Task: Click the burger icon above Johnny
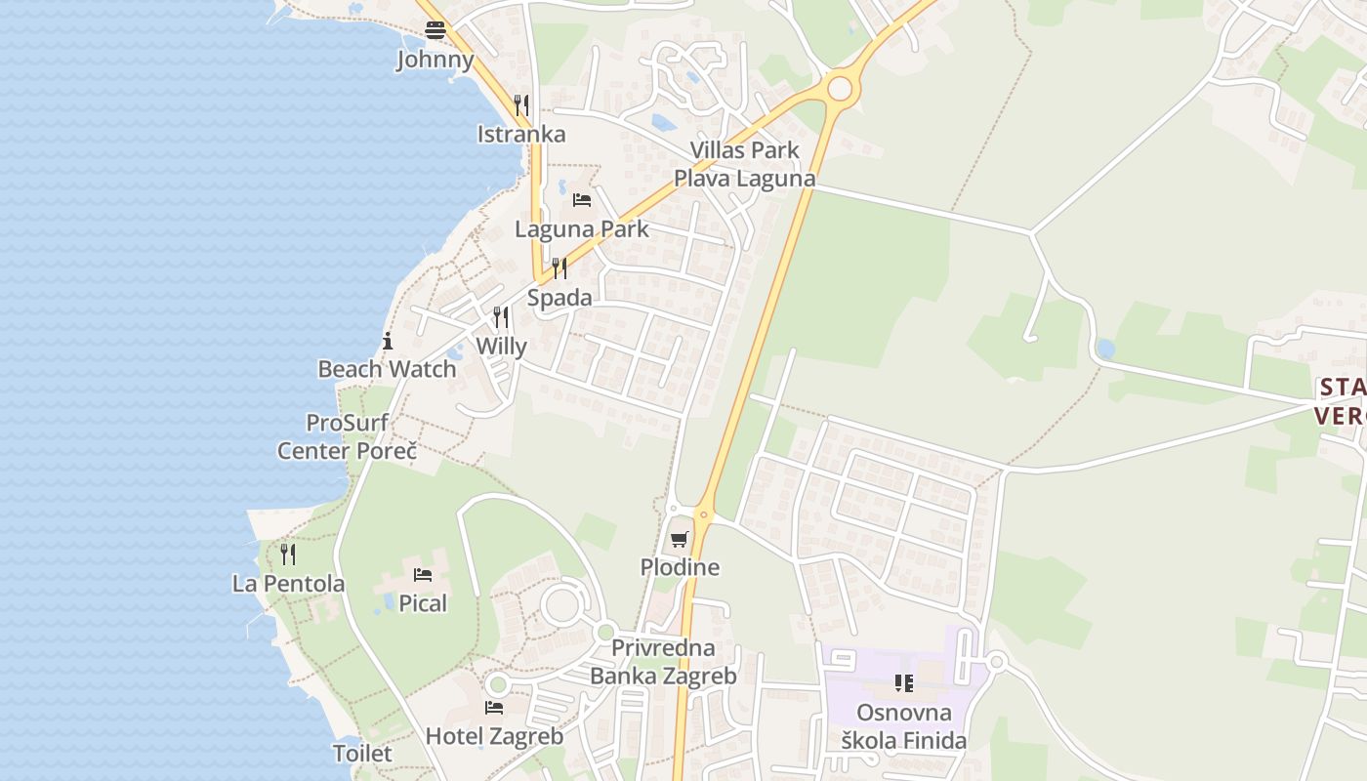coord(435,30)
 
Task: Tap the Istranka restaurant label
coord(521,134)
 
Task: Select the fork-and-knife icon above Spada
coord(559,267)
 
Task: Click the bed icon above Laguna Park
coord(582,200)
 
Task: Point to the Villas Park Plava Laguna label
coord(744,164)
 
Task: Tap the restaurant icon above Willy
coord(501,316)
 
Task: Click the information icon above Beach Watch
coord(388,341)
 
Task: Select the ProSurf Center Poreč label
coord(347,436)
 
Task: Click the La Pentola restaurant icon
coord(288,555)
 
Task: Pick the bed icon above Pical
coord(423,574)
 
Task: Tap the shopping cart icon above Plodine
coord(680,539)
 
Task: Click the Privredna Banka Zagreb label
coord(663,661)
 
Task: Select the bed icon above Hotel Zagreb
coord(494,707)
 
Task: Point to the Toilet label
coord(362,754)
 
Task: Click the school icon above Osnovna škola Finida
coord(903,683)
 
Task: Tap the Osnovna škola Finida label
coord(904,726)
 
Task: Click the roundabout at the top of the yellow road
coord(840,89)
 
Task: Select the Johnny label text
coord(435,60)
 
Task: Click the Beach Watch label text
coord(387,369)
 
